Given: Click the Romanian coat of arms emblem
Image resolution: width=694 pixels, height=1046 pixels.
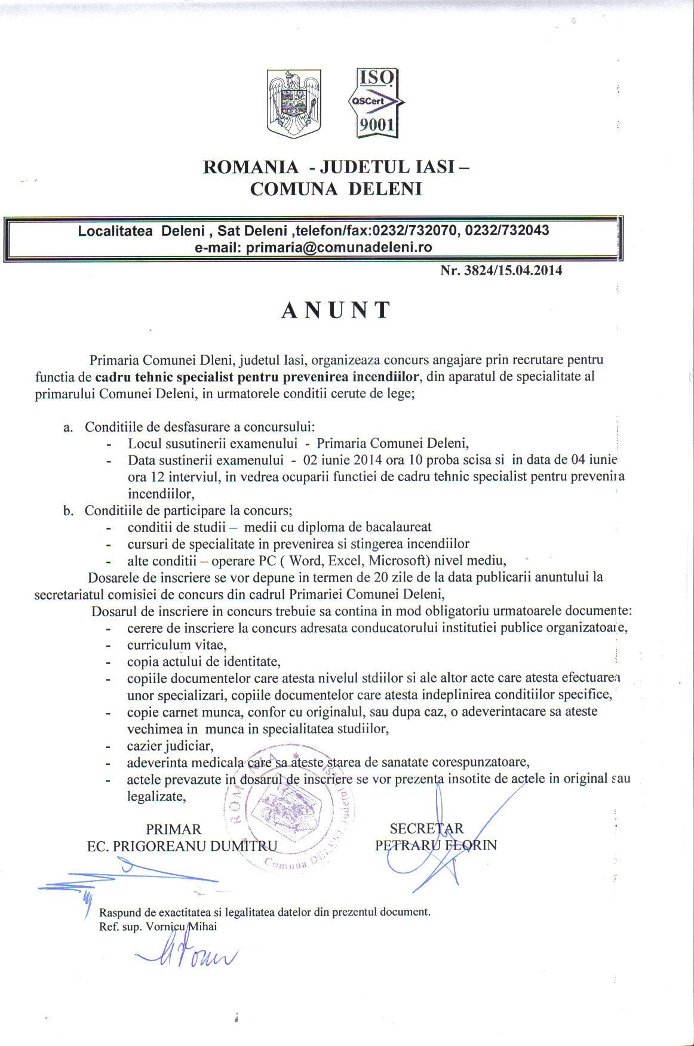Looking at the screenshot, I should [294, 103].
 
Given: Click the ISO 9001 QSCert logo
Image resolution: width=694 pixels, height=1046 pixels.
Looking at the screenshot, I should [376, 103].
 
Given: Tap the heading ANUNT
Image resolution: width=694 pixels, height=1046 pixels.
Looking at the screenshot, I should [336, 310].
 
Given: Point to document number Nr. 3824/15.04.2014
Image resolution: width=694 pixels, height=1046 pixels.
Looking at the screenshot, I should [500, 270].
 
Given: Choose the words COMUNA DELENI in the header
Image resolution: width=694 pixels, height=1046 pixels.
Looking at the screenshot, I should [336, 189].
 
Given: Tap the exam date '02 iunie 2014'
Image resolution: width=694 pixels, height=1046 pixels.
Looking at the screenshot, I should [342, 460].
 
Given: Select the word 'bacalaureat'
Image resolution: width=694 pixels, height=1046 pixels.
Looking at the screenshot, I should [398, 527].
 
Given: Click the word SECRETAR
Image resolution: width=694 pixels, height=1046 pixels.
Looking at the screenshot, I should [426, 829].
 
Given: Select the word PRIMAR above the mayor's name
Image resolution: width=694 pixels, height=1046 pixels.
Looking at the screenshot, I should [174, 829].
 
